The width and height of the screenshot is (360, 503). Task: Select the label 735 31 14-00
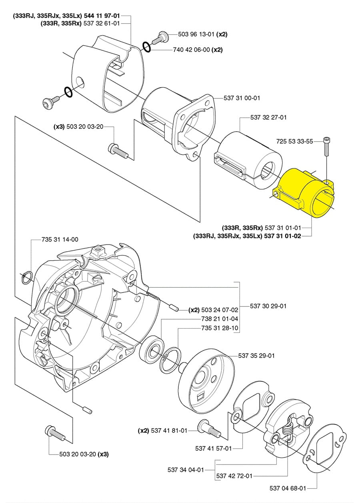point(60,239)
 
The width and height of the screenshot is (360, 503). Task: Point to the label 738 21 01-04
point(219,319)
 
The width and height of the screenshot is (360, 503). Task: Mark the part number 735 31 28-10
point(220,328)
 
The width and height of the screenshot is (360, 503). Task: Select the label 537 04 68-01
point(288,488)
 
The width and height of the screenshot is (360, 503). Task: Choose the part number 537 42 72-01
point(234,476)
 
